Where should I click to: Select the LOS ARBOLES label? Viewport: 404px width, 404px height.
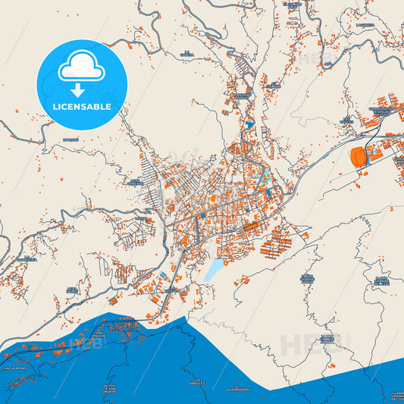click(199, 381)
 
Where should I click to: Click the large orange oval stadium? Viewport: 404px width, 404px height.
click(358, 157)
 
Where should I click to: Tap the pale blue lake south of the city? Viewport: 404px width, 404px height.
click(215, 268)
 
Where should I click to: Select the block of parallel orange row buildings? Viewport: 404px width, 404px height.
click(276, 245)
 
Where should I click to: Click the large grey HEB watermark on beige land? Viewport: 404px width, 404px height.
click(303, 345)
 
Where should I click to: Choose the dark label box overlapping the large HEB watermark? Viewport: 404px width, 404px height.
click(327, 338)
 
